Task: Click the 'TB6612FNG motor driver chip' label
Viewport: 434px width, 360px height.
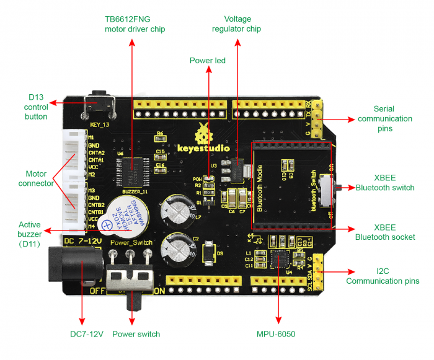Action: pyautogui.click(x=135, y=24)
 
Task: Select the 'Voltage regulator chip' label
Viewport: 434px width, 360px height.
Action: pyautogui.click(x=236, y=24)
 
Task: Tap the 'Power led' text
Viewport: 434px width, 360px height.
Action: pyautogui.click(x=207, y=61)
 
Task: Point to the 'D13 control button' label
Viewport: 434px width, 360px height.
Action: pyautogui.click(x=36, y=107)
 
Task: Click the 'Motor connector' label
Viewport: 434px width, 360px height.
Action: pyautogui.click(x=36, y=178)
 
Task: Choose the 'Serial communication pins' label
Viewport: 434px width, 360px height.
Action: pyautogui.click(x=384, y=118)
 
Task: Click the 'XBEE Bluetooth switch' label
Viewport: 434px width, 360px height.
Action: pyautogui.click(x=385, y=182)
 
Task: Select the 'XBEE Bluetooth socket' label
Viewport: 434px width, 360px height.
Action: pyautogui.click(x=385, y=232)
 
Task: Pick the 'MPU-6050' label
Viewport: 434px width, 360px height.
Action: pyautogui.click(x=276, y=334)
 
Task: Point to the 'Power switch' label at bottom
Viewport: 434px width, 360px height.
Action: pyautogui.click(x=136, y=334)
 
